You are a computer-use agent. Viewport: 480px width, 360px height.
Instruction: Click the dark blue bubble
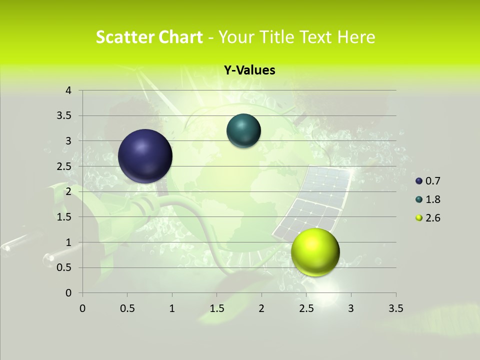point(145,156)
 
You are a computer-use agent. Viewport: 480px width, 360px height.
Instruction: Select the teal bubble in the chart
point(244,131)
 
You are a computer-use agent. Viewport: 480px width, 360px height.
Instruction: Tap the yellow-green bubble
point(315,252)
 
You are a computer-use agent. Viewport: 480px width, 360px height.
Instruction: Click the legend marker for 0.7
point(419,181)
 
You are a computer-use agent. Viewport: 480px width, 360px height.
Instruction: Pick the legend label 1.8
point(432,199)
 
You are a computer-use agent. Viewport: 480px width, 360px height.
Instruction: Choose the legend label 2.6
point(432,218)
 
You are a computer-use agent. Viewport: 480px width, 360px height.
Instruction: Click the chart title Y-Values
point(249,70)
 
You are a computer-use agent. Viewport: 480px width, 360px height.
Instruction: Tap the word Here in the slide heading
point(356,37)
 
